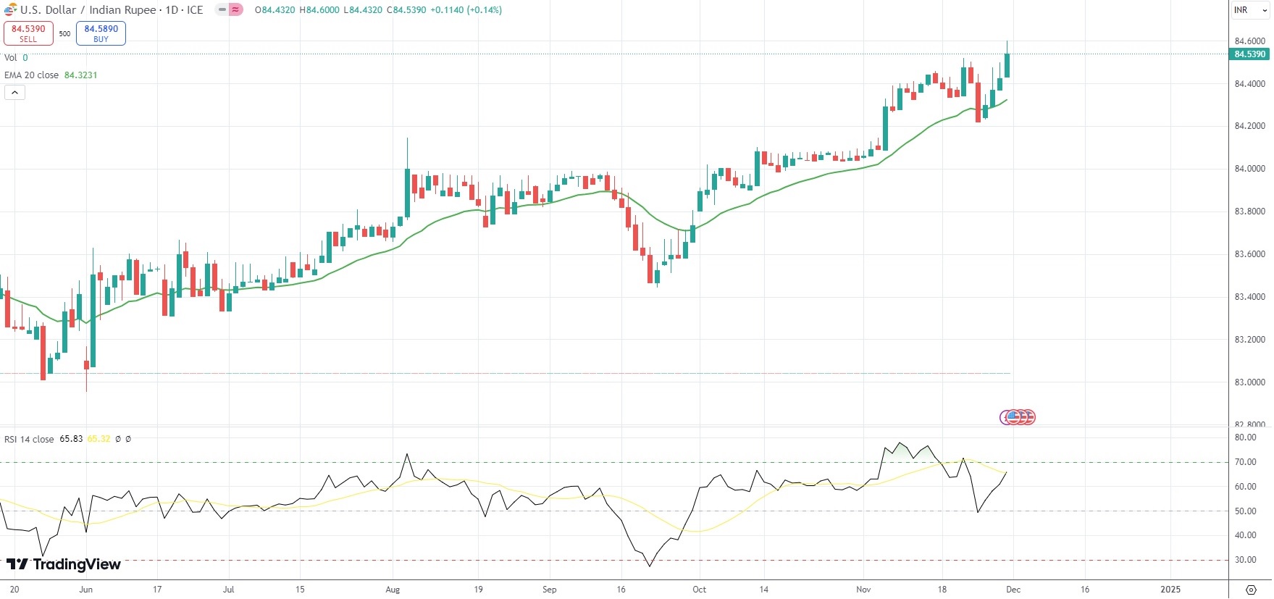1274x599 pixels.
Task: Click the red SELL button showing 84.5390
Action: click(x=28, y=33)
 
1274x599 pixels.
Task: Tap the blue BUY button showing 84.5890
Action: click(x=101, y=33)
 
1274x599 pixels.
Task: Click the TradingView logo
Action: click(x=64, y=564)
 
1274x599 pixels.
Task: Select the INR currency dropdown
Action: click(x=1250, y=10)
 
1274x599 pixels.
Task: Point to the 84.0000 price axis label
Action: click(x=1249, y=169)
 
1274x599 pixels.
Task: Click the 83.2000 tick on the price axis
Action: click(x=1249, y=340)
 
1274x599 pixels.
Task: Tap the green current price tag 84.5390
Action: click(x=1249, y=54)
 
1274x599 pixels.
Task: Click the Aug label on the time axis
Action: click(x=393, y=590)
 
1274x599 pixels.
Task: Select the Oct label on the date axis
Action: click(x=699, y=590)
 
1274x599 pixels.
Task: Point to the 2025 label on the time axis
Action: click(x=1170, y=590)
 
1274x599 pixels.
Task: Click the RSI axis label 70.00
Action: click(x=1245, y=462)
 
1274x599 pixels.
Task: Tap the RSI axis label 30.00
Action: click(x=1245, y=560)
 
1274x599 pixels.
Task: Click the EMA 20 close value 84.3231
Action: click(x=80, y=75)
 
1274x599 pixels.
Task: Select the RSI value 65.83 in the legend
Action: click(x=71, y=439)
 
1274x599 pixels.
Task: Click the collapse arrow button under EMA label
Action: click(x=14, y=93)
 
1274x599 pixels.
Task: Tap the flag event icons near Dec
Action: click(x=1018, y=417)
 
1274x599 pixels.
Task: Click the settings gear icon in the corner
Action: click(x=1251, y=590)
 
